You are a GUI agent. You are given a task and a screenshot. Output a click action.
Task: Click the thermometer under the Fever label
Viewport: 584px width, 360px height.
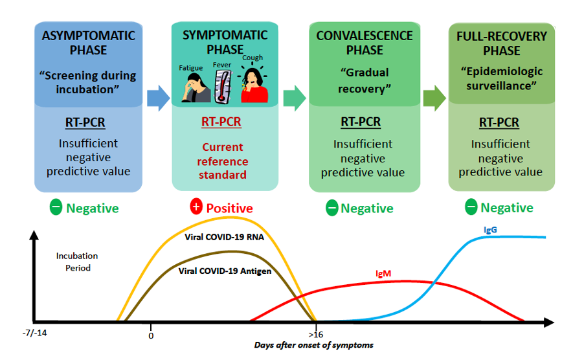click(222, 85)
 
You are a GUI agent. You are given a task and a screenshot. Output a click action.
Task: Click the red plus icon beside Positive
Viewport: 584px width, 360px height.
click(196, 207)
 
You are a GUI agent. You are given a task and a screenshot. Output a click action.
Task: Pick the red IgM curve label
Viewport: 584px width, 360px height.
click(383, 274)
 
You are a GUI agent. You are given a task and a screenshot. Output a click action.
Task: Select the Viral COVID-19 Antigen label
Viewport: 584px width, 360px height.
click(225, 271)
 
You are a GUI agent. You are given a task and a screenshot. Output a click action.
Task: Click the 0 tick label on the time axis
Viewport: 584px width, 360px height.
click(151, 335)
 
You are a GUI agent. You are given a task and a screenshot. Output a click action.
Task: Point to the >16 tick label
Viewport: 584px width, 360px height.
click(315, 335)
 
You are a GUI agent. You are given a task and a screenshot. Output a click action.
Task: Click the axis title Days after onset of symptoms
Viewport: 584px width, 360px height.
click(313, 345)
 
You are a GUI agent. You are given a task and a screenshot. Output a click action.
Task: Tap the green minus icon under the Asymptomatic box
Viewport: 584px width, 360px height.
click(56, 208)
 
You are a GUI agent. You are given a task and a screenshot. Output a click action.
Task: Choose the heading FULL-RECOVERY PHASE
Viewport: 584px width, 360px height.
click(499, 43)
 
